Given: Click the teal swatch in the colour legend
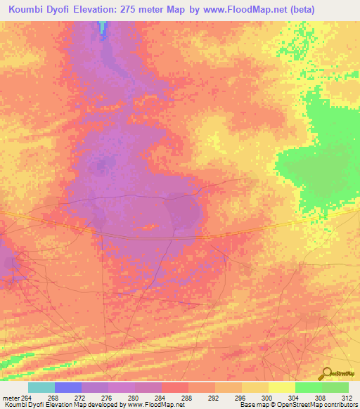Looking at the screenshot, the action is [41, 387].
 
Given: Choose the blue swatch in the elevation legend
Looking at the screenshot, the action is [68, 387].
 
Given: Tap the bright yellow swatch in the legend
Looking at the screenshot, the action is [282, 387].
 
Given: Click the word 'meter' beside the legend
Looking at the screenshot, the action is [11, 397].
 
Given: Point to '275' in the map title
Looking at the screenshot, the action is [135, 9].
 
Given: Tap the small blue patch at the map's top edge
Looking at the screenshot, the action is [103, 27].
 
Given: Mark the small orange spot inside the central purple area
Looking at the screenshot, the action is [148, 226].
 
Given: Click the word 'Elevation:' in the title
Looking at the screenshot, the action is [98, 9].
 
